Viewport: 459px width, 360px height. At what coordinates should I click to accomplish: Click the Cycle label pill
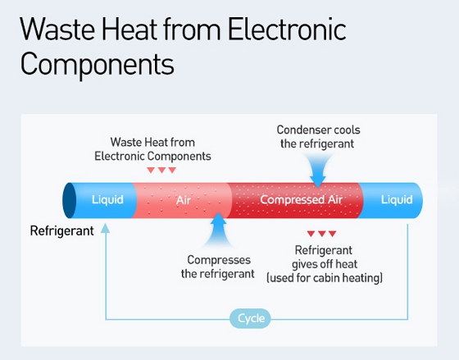point(250,318)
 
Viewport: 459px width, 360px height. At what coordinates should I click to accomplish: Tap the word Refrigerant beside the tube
point(61,230)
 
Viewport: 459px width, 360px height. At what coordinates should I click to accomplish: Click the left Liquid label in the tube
point(107,199)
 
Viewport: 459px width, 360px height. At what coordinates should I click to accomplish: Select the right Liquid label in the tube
point(397,199)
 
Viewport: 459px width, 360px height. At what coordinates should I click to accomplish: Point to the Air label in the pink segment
point(184,200)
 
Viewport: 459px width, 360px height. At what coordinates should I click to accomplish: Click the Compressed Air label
point(302,199)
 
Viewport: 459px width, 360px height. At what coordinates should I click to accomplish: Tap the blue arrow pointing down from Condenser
point(318,170)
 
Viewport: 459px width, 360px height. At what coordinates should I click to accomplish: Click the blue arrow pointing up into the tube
point(218,230)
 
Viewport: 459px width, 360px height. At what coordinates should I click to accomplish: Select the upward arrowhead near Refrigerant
point(105,229)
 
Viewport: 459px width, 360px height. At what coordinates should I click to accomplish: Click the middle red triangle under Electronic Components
point(161,171)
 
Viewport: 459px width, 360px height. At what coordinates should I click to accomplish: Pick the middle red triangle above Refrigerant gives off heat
point(322,234)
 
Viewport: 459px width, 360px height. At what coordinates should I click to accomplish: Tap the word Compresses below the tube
point(219,260)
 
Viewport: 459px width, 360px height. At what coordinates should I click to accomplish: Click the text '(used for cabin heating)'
point(325,278)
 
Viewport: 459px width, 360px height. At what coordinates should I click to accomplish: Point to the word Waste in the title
point(57,29)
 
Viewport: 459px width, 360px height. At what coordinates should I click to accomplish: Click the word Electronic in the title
point(287,29)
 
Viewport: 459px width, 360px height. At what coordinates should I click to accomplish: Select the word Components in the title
point(98,65)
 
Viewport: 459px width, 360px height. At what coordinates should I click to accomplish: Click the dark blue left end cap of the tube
point(70,200)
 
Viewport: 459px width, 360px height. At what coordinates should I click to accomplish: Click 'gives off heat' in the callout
point(325,264)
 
